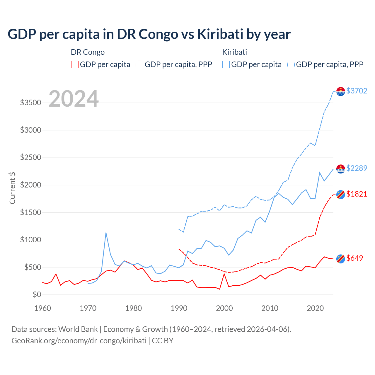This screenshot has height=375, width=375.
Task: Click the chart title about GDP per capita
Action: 149,34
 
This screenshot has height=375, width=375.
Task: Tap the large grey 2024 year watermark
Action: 74,99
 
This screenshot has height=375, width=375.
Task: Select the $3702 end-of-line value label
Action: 357,91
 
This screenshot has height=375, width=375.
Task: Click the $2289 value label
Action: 357,168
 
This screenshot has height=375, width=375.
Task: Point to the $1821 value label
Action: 357,194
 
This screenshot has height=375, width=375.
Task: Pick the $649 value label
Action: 354,258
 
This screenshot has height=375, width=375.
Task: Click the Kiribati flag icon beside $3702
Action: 340,91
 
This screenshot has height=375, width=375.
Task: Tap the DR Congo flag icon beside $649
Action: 340,259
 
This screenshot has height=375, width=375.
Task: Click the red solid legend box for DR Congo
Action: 75,64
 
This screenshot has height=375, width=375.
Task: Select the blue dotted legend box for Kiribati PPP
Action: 291,64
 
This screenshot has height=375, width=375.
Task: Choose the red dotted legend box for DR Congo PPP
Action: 139,64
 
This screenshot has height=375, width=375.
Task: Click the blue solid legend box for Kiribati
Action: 226,64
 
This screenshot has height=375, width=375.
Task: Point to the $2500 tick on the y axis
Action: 30,157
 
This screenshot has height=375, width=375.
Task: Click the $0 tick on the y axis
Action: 37,294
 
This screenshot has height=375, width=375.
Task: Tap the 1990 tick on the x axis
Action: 179,308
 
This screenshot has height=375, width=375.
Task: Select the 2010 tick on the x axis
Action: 270,308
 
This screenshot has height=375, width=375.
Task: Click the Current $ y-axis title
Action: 12,188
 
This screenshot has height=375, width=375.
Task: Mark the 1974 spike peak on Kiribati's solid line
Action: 106,233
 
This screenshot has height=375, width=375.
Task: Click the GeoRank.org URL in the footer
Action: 79,341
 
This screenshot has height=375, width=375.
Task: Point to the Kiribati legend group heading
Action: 234,52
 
